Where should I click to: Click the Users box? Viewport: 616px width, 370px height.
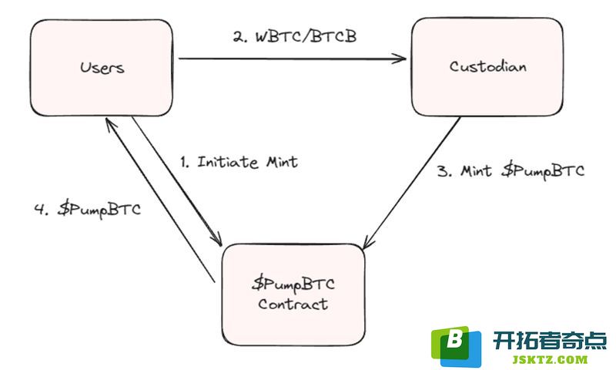tap(102, 68)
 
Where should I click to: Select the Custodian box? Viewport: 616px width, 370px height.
tap(487, 67)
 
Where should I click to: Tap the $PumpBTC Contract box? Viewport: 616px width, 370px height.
tap(293, 294)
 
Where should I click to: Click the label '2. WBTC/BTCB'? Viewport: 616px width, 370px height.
tap(295, 36)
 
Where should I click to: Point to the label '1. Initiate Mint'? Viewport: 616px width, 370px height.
tap(239, 162)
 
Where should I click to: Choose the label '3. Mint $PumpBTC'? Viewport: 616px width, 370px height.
tap(511, 171)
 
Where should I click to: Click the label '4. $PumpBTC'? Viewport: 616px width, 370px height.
tap(87, 209)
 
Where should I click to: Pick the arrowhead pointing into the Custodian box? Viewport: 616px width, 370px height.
tap(400, 59)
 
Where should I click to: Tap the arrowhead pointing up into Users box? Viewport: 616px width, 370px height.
tap(110, 124)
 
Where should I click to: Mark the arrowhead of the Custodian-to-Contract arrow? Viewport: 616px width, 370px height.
tap(368, 242)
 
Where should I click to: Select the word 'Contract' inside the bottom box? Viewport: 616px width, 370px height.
tap(293, 304)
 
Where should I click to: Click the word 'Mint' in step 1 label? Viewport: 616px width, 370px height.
tap(282, 162)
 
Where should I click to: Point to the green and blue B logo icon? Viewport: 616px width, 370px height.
tap(456, 346)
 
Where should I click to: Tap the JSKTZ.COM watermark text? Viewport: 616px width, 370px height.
tap(550, 359)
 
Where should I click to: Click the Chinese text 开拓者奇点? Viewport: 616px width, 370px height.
tap(550, 340)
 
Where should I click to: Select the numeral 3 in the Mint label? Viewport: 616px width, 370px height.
tap(442, 171)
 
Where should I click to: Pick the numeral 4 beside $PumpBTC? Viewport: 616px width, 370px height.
tap(40, 209)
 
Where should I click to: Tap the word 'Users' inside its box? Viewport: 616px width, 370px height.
tap(102, 68)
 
